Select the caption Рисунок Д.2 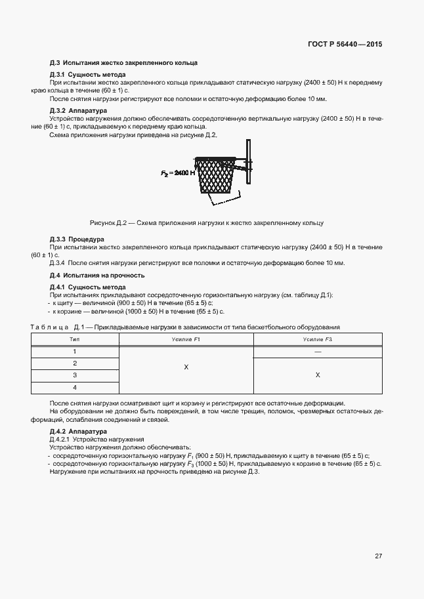click(x=206, y=223)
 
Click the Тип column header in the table click(x=74, y=339)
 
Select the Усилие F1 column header click(x=186, y=339)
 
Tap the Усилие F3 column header click(x=318, y=339)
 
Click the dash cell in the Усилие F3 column click(x=318, y=352)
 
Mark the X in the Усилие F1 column click(x=186, y=368)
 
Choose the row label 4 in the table click(x=74, y=387)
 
